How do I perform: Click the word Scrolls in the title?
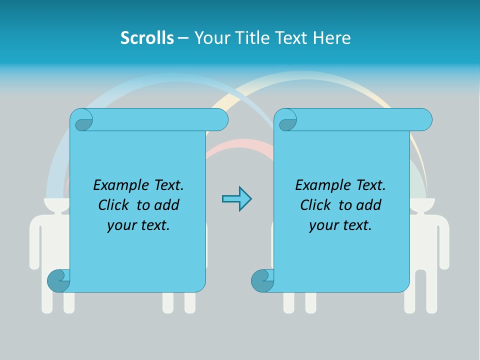147,38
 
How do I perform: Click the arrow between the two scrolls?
236,199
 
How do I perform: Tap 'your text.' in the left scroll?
138,225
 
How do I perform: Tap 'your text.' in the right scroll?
340,225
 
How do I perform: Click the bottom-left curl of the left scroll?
58,281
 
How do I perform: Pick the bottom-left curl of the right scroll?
262,281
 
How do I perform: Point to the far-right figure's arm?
444,240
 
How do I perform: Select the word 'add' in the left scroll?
167,205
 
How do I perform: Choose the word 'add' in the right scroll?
369,205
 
